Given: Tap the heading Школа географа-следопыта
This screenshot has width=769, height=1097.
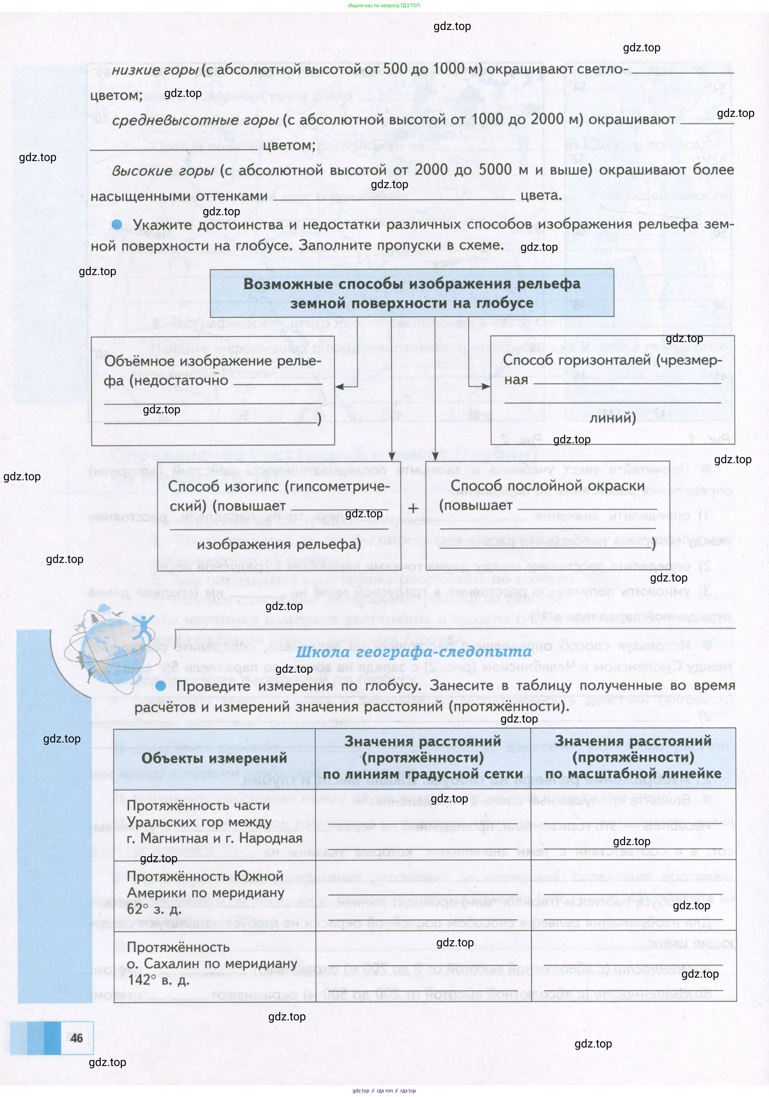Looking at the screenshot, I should [x=413, y=651].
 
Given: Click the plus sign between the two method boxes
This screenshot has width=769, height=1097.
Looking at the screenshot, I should [x=413, y=508].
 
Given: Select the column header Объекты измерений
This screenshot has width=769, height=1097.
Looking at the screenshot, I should [x=214, y=758].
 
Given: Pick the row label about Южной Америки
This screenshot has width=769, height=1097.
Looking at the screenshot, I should [x=206, y=892].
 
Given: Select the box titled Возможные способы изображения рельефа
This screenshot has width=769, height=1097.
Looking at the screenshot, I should [x=412, y=293].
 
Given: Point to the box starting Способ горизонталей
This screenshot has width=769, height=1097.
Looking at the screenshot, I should [x=612, y=389].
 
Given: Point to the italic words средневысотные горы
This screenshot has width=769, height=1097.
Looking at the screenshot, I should [x=195, y=120].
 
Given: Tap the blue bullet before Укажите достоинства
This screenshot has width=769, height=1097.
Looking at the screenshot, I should [x=116, y=224].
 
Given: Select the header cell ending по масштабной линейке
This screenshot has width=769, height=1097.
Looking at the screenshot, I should [x=633, y=757].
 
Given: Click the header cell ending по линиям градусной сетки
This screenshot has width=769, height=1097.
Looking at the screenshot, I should [x=423, y=757].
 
